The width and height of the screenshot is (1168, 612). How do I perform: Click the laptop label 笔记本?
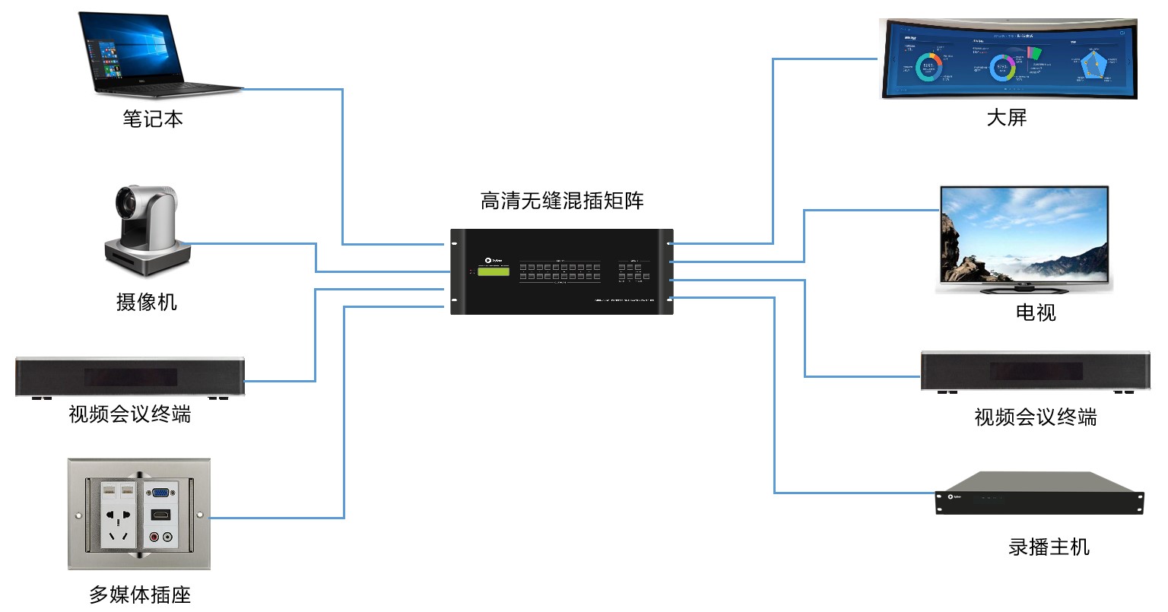153,119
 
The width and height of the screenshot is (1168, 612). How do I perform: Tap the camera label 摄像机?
146,302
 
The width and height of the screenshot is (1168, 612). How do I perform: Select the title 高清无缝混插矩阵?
562,201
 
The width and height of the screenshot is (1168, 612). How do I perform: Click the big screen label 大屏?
1006,118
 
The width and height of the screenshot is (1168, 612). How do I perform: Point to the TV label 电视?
1036,312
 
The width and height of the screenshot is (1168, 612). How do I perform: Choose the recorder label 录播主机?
1049,547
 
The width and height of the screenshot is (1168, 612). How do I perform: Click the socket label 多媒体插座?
140,595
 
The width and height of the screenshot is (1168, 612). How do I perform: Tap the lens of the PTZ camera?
125,203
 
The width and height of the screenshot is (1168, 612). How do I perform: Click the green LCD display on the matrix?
494,272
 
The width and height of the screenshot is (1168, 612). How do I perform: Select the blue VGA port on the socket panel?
161,492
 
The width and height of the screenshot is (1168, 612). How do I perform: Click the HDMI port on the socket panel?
160,515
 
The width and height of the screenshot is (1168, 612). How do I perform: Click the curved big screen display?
1008,59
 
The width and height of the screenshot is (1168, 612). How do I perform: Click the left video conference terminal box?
130,376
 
